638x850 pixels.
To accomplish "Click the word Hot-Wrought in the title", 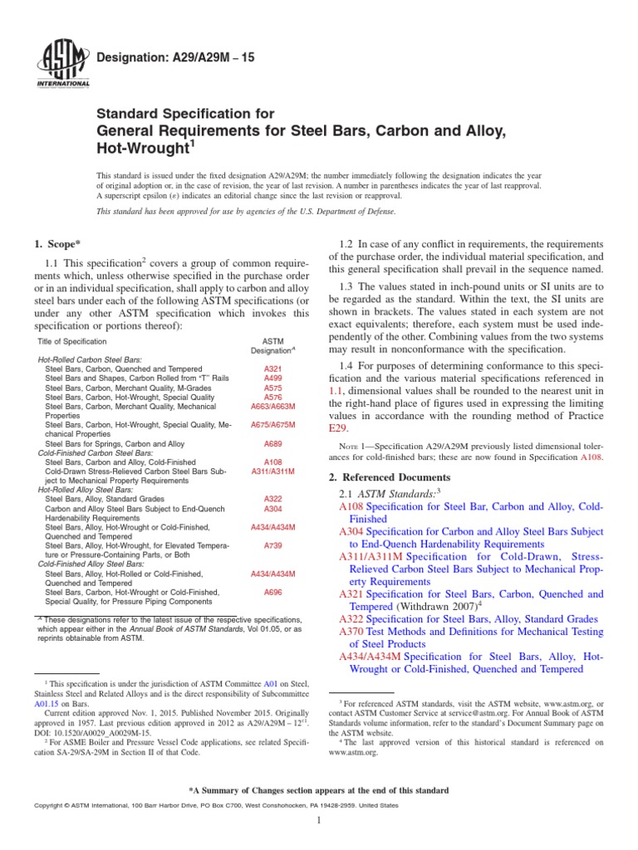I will tap(144, 147).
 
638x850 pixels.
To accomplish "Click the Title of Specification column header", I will tap(72, 342).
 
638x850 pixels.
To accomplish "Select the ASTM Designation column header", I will tap(272, 347).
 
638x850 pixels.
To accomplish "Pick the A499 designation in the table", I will tap(272, 378).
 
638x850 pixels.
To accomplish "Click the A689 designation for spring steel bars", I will tap(272, 444).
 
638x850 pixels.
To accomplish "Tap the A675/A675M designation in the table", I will tap(272, 424).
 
